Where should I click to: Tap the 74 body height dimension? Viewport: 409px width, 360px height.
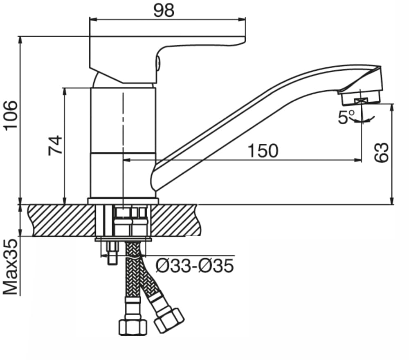(56, 145)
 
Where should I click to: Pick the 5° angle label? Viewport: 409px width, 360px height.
(345, 117)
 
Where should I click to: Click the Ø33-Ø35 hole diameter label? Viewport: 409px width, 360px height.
(195, 266)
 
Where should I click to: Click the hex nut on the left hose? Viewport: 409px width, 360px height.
(132, 327)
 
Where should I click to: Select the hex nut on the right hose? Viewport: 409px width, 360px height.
(169, 320)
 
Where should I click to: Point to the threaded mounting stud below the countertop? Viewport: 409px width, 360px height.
(112, 253)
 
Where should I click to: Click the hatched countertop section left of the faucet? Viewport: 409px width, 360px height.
(61, 221)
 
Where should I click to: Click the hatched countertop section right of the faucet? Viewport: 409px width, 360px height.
(176, 221)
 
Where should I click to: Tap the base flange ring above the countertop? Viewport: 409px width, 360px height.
(123, 201)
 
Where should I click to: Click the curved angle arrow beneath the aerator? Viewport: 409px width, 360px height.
(364, 120)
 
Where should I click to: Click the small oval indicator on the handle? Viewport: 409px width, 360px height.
(159, 62)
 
